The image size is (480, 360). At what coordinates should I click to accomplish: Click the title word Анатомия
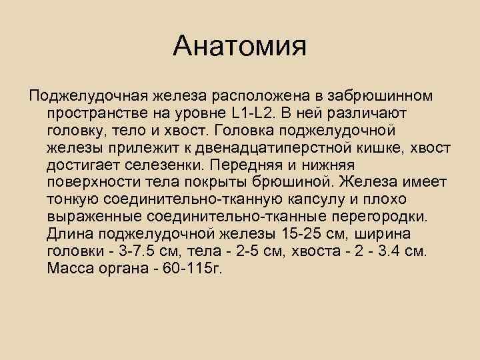tap(239, 46)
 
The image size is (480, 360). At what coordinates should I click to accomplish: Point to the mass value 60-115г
tap(193, 269)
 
